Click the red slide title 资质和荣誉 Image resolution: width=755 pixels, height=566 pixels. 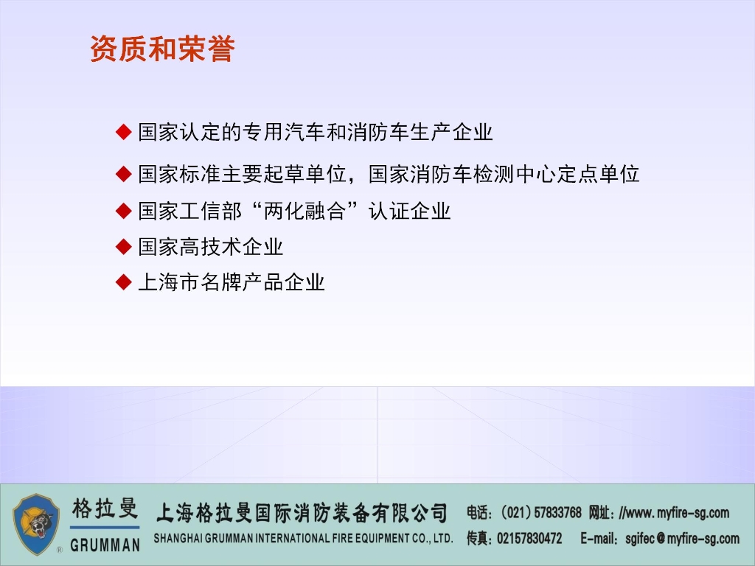[x=162, y=49]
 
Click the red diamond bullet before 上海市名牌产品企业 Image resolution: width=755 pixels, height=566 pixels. [x=124, y=282]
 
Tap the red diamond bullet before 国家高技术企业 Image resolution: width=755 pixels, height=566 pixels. [x=124, y=247]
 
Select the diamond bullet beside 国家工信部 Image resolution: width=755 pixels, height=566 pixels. [x=124, y=211]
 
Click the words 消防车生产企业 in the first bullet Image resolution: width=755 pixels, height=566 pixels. [x=420, y=132]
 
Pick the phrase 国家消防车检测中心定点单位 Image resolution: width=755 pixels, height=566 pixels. [x=504, y=174]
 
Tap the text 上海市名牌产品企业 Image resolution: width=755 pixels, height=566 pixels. [x=232, y=282]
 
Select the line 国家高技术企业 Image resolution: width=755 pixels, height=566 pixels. [x=211, y=247]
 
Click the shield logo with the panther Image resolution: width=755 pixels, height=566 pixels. [x=36, y=524]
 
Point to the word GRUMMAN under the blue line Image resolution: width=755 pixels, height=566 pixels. [x=105, y=545]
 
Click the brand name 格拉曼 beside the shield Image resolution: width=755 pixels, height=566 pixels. [x=105, y=509]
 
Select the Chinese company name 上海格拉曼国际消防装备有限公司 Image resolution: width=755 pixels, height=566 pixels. [x=302, y=513]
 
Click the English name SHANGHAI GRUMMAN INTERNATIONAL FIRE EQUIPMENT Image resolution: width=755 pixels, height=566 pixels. [x=303, y=539]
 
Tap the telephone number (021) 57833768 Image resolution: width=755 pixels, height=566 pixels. [x=540, y=513]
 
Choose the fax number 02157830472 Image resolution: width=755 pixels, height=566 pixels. [x=529, y=538]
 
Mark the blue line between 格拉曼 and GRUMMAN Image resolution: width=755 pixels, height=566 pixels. [x=105, y=528]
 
